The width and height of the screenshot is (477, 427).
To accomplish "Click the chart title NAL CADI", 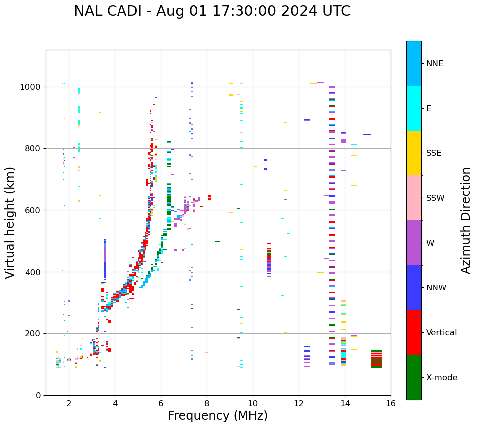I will click(212, 11).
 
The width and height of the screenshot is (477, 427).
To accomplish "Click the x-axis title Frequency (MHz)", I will click(218, 416).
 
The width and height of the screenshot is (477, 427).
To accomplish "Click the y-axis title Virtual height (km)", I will click(10, 223).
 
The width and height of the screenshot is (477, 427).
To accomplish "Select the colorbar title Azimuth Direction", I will click(466, 220).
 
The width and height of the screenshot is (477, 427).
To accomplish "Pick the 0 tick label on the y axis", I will click(38, 395).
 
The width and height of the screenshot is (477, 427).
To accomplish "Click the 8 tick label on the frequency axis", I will click(207, 403).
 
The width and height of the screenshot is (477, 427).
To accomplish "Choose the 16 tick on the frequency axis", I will click(391, 403).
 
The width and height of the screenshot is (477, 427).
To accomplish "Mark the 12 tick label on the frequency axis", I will click(299, 403).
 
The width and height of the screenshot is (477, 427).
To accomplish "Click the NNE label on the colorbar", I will click(434, 64).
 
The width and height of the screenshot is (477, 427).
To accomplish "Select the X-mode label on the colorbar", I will click(442, 378).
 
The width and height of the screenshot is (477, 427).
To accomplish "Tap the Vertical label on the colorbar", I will click(441, 333).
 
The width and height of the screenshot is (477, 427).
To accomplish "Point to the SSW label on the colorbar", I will click(435, 198).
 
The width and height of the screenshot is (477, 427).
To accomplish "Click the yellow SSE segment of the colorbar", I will click(414, 153).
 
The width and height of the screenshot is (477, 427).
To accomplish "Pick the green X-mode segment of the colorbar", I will click(414, 377).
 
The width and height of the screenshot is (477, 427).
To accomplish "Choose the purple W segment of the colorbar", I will click(414, 243).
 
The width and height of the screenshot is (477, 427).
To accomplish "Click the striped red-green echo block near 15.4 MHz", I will click(377, 359).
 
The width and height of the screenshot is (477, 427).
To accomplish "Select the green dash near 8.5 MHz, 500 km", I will click(217, 242).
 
